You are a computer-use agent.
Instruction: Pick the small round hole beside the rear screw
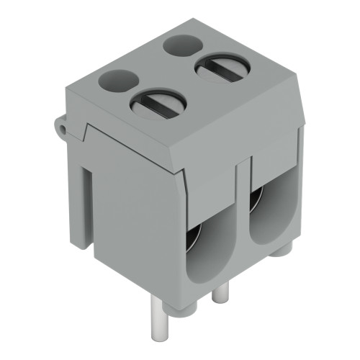tap(182, 45)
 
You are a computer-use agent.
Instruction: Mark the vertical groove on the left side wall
tap(88, 209)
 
